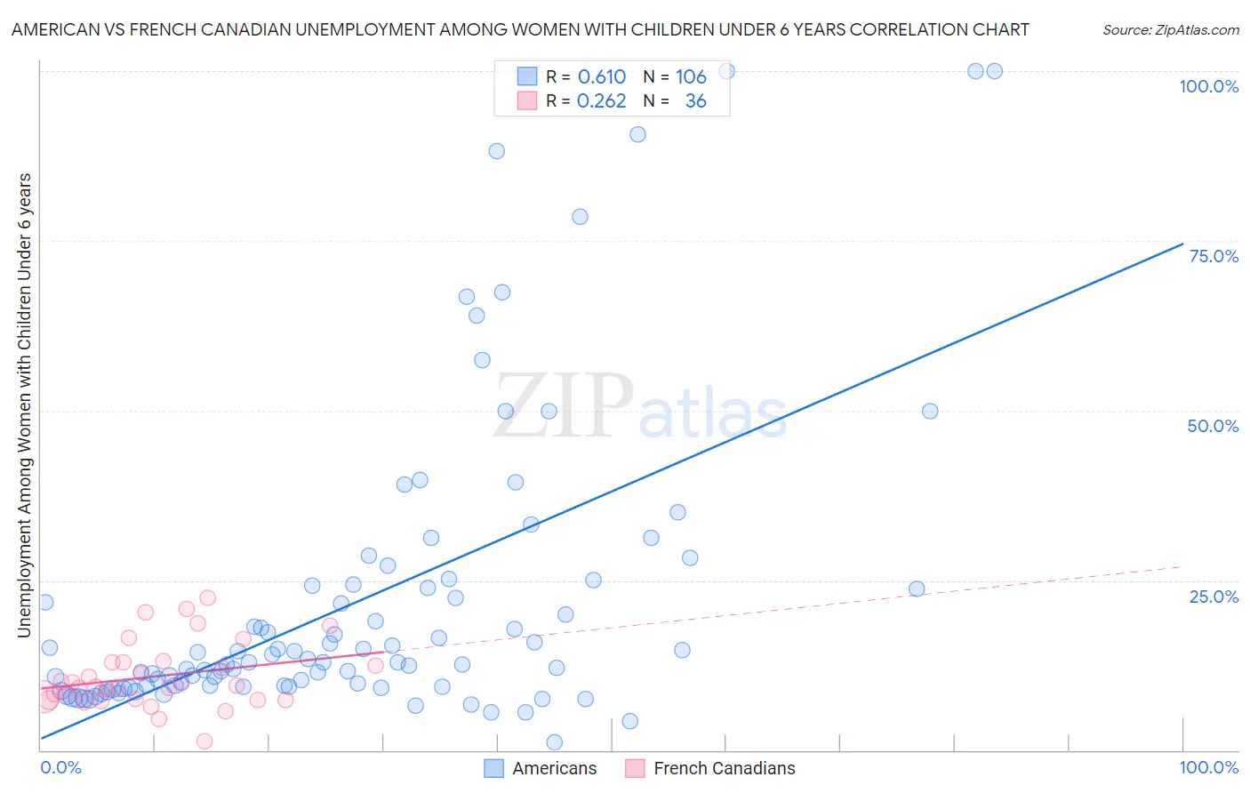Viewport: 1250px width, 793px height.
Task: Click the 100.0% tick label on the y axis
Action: click(1208, 86)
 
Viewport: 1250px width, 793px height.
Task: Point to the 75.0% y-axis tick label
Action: click(1214, 256)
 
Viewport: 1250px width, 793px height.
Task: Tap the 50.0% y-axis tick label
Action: click(1213, 426)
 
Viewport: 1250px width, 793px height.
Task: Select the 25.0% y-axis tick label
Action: click(1214, 596)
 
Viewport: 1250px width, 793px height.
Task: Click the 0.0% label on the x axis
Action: click(60, 767)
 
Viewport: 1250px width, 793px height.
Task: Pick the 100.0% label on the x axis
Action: click(1208, 767)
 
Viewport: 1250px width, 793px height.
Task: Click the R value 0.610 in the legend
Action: click(602, 76)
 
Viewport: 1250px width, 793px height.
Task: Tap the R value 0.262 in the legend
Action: click(602, 101)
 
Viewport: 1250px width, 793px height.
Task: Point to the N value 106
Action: click(691, 76)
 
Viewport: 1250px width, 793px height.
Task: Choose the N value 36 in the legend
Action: click(695, 101)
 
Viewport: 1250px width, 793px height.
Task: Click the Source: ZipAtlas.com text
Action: click(1170, 29)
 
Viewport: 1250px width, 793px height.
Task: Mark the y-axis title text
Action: click(24, 405)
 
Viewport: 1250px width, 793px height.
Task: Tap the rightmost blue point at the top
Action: click(994, 71)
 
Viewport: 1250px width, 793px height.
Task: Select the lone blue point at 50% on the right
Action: click(930, 411)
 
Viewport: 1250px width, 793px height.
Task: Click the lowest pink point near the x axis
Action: click(204, 741)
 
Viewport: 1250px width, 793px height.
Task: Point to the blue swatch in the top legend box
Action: click(527, 76)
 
